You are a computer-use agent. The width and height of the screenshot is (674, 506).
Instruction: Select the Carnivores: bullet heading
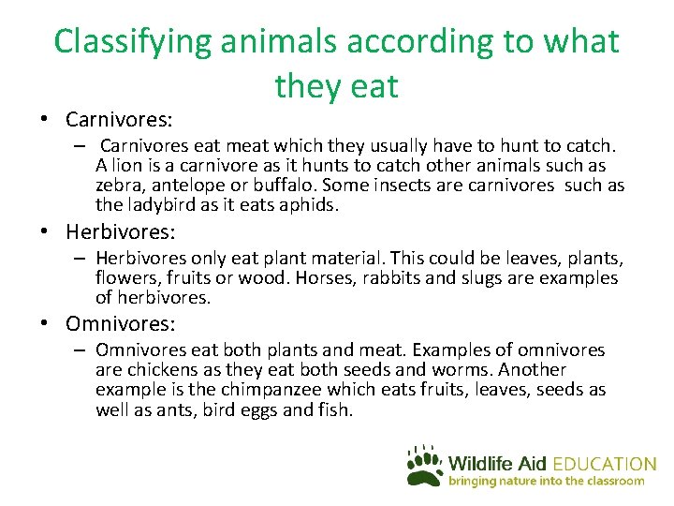tap(118, 120)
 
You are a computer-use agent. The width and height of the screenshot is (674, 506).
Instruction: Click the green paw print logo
tap(425, 466)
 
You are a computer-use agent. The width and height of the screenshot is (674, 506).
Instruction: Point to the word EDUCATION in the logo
tap(604, 464)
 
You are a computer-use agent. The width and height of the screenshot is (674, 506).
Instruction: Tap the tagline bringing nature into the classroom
tap(547, 481)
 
